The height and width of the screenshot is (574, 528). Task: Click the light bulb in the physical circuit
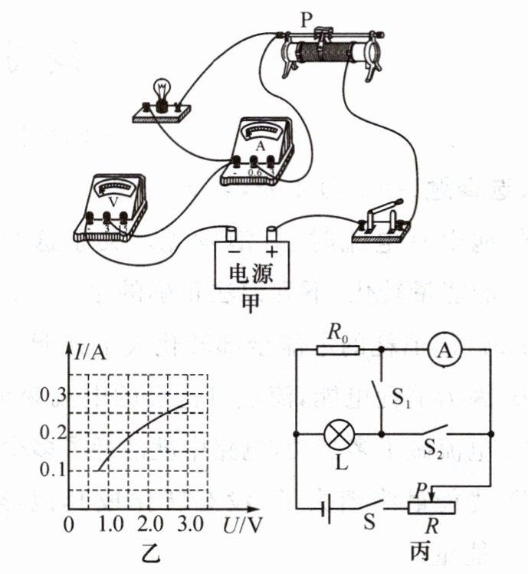(162, 90)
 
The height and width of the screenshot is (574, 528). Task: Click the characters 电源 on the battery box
(251, 274)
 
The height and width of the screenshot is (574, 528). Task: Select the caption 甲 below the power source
(251, 302)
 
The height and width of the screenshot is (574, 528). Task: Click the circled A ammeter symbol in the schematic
(442, 349)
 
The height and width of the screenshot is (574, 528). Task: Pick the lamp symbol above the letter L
(336, 434)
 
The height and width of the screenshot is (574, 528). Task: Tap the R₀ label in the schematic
(336, 333)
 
